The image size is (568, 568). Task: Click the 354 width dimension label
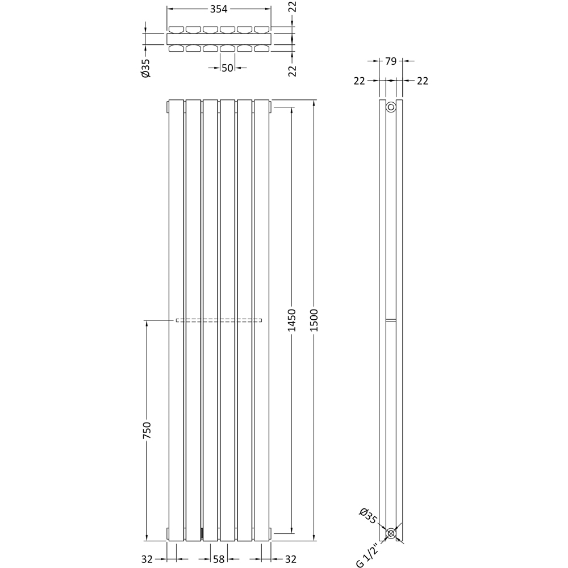(x=219, y=9)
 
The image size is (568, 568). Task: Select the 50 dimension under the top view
(x=227, y=68)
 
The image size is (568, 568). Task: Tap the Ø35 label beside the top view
(x=145, y=68)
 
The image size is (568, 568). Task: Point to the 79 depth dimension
(x=391, y=61)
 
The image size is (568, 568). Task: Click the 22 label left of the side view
(x=359, y=81)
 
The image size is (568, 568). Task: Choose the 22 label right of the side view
(x=422, y=81)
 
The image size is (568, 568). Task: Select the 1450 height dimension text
(x=292, y=321)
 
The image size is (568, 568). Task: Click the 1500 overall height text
(x=315, y=321)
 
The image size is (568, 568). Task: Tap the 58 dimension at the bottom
(x=219, y=559)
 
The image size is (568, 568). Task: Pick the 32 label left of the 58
(x=147, y=559)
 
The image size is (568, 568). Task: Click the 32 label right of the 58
(x=290, y=559)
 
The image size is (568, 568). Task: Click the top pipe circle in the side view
(x=391, y=107)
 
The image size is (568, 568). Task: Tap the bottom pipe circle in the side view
(x=391, y=533)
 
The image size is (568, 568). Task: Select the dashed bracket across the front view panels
(x=219, y=320)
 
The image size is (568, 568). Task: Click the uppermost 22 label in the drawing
(x=293, y=7)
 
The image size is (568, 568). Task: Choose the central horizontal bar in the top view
(x=219, y=39)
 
